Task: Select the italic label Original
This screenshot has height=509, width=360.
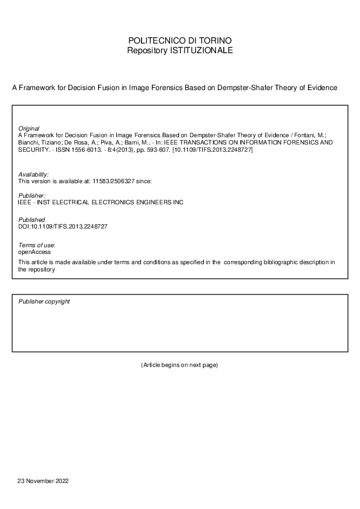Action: click(29, 129)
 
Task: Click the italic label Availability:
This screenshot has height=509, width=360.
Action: click(33, 174)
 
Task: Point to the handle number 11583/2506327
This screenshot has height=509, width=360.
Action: click(114, 181)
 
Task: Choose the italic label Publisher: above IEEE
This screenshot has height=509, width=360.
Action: click(32, 195)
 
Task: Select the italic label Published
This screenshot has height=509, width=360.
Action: click(31, 219)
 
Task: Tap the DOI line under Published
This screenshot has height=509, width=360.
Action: click(63, 226)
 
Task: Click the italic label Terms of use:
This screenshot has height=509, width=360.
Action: click(37, 244)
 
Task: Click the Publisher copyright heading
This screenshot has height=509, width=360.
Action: click(44, 301)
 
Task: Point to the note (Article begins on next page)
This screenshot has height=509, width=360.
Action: click(179, 365)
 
